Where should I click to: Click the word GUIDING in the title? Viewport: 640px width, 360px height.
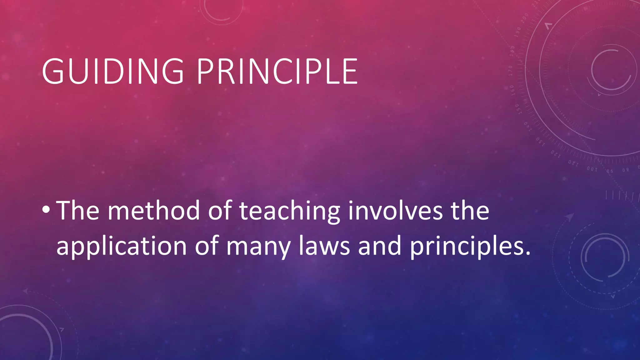[x=113, y=72]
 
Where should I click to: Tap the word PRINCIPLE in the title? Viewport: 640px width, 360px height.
[x=277, y=72]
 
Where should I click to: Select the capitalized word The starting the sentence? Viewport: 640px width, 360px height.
[x=78, y=210]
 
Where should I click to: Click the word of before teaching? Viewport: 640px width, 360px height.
[x=220, y=210]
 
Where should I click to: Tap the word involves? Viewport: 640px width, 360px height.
[x=395, y=210]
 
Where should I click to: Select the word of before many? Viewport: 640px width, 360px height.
[x=207, y=246]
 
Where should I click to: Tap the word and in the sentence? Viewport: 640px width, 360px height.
[x=379, y=246]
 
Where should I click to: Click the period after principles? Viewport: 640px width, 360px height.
[x=528, y=253]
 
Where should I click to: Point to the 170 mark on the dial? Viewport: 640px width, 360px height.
[x=511, y=71]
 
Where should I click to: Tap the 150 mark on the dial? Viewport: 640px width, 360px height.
[x=517, y=109]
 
